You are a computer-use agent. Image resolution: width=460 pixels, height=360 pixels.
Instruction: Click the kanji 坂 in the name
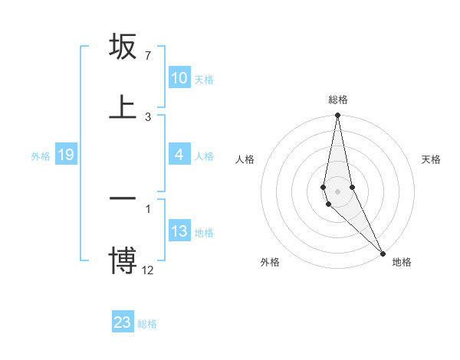pos(123,48)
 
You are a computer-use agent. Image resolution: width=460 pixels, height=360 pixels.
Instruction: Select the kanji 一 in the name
pos(123,198)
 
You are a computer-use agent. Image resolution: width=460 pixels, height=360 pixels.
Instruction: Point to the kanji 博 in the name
pos(123,258)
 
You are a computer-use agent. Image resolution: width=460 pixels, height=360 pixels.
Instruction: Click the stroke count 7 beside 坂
pos(148,55)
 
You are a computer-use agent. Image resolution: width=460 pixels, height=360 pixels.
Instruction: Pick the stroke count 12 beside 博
pos(148,270)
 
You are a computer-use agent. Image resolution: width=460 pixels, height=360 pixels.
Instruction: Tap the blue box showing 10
pos(179,78)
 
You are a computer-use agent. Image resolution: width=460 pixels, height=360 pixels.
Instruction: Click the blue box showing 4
pos(179,155)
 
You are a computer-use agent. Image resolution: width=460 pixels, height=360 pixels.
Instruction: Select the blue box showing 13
pos(179,231)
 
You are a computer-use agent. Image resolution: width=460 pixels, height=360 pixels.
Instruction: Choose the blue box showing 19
pos(65,155)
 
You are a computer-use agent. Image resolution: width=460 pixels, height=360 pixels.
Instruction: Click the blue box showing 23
pos(123,322)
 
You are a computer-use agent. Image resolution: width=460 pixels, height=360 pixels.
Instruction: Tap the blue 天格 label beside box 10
pos(204,79)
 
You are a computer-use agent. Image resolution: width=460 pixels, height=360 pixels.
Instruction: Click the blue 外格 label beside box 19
pos(41,156)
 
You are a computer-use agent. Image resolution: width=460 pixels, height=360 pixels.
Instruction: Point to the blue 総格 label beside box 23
pos(147,324)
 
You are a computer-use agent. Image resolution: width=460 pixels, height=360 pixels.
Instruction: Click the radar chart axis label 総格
pos(338,100)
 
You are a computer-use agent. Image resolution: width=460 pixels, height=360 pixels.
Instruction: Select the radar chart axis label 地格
pos(402,262)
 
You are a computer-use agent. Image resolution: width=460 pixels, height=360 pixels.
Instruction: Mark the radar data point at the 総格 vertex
pos(337,116)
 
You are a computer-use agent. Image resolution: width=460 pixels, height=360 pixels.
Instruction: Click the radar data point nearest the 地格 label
pos(383,253)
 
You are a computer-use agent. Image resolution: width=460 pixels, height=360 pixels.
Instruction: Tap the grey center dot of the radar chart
pos(337,191)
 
